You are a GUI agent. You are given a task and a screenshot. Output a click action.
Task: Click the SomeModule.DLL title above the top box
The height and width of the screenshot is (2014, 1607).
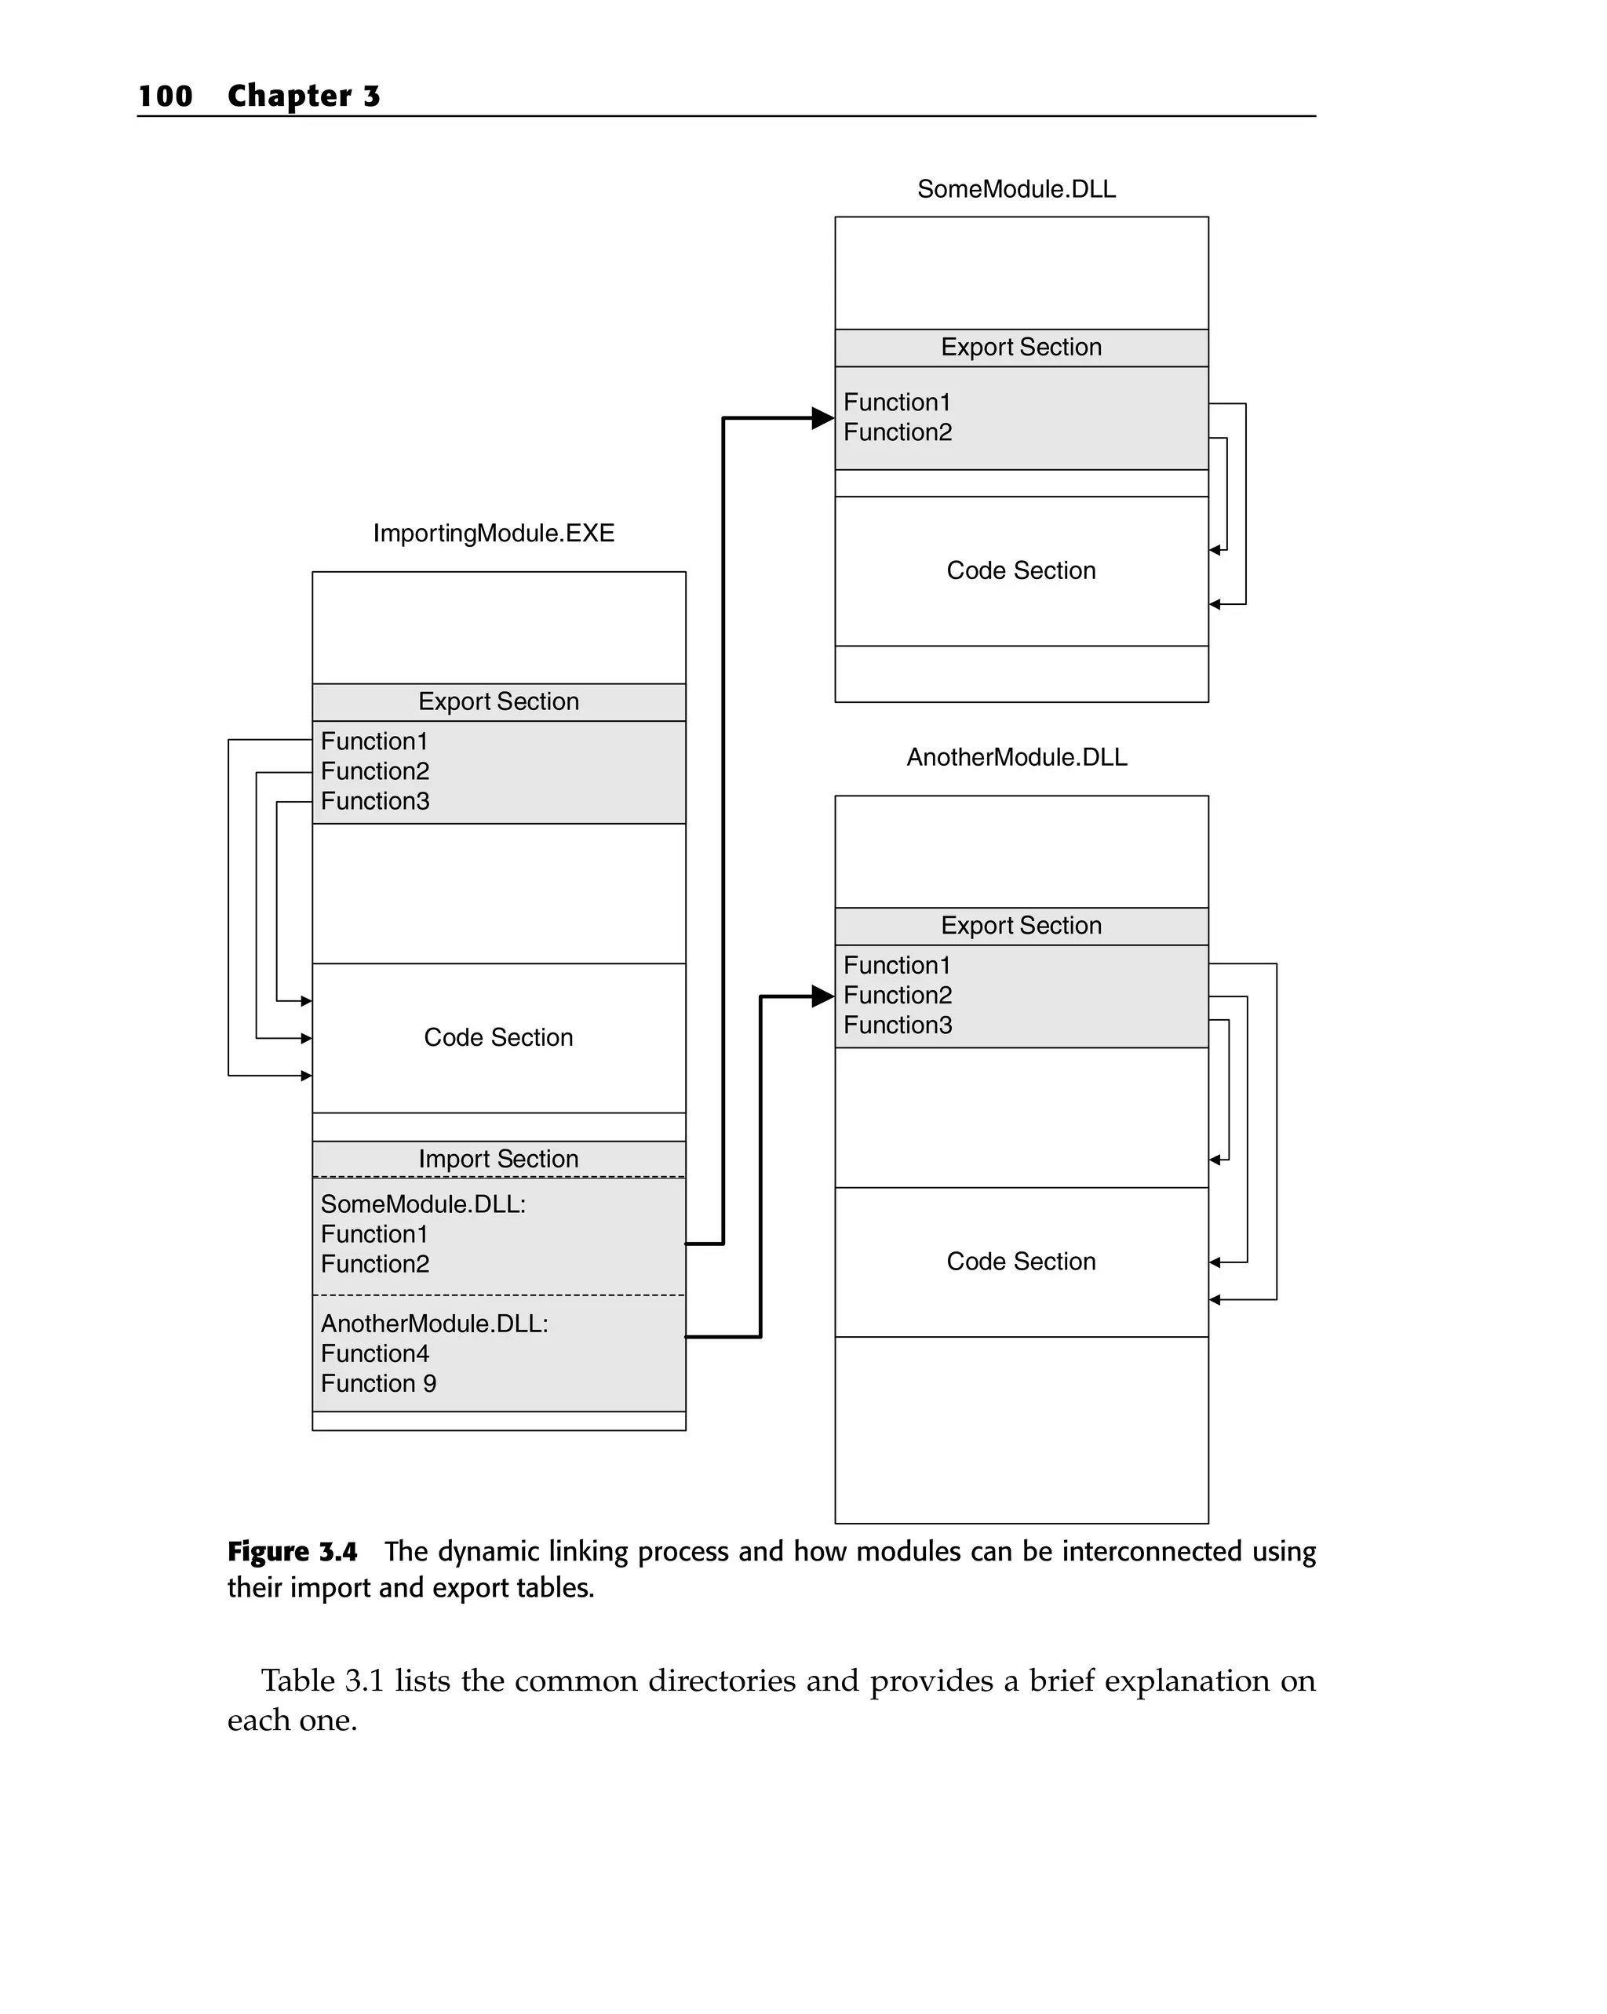point(1015,189)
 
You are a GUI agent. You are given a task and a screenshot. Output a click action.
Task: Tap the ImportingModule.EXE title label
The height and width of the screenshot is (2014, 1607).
point(494,533)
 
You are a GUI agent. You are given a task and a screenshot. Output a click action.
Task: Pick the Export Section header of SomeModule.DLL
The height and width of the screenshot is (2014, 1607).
point(1020,347)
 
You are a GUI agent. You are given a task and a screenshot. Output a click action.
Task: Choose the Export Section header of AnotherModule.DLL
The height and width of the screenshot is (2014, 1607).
point(1020,925)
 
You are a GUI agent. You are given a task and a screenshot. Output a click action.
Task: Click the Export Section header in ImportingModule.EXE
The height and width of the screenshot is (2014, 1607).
point(498,701)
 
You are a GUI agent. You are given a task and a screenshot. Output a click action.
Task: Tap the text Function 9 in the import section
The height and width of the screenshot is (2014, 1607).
point(378,1382)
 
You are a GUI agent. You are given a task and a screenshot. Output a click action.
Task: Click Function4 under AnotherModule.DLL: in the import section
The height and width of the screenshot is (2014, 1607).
point(374,1353)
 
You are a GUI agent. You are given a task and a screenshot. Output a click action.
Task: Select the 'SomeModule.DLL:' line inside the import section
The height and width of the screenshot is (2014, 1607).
point(422,1204)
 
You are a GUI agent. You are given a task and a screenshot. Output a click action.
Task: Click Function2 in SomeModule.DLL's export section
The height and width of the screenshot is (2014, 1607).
point(897,432)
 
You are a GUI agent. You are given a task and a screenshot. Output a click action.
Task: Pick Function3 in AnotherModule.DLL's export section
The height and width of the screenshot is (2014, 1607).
point(897,1025)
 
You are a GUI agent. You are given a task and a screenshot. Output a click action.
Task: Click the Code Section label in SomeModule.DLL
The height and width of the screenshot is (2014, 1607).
point(1020,570)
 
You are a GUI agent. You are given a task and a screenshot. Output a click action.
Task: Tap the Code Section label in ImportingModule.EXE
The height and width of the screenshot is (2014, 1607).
point(498,1037)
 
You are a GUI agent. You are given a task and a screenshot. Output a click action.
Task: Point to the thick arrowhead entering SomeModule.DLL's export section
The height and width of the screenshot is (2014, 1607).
point(822,417)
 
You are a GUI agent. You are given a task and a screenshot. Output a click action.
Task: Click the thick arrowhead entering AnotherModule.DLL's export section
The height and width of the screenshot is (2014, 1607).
point(822,996)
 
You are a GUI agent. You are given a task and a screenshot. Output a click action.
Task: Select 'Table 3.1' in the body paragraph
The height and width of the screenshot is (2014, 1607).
point(322,1681)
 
